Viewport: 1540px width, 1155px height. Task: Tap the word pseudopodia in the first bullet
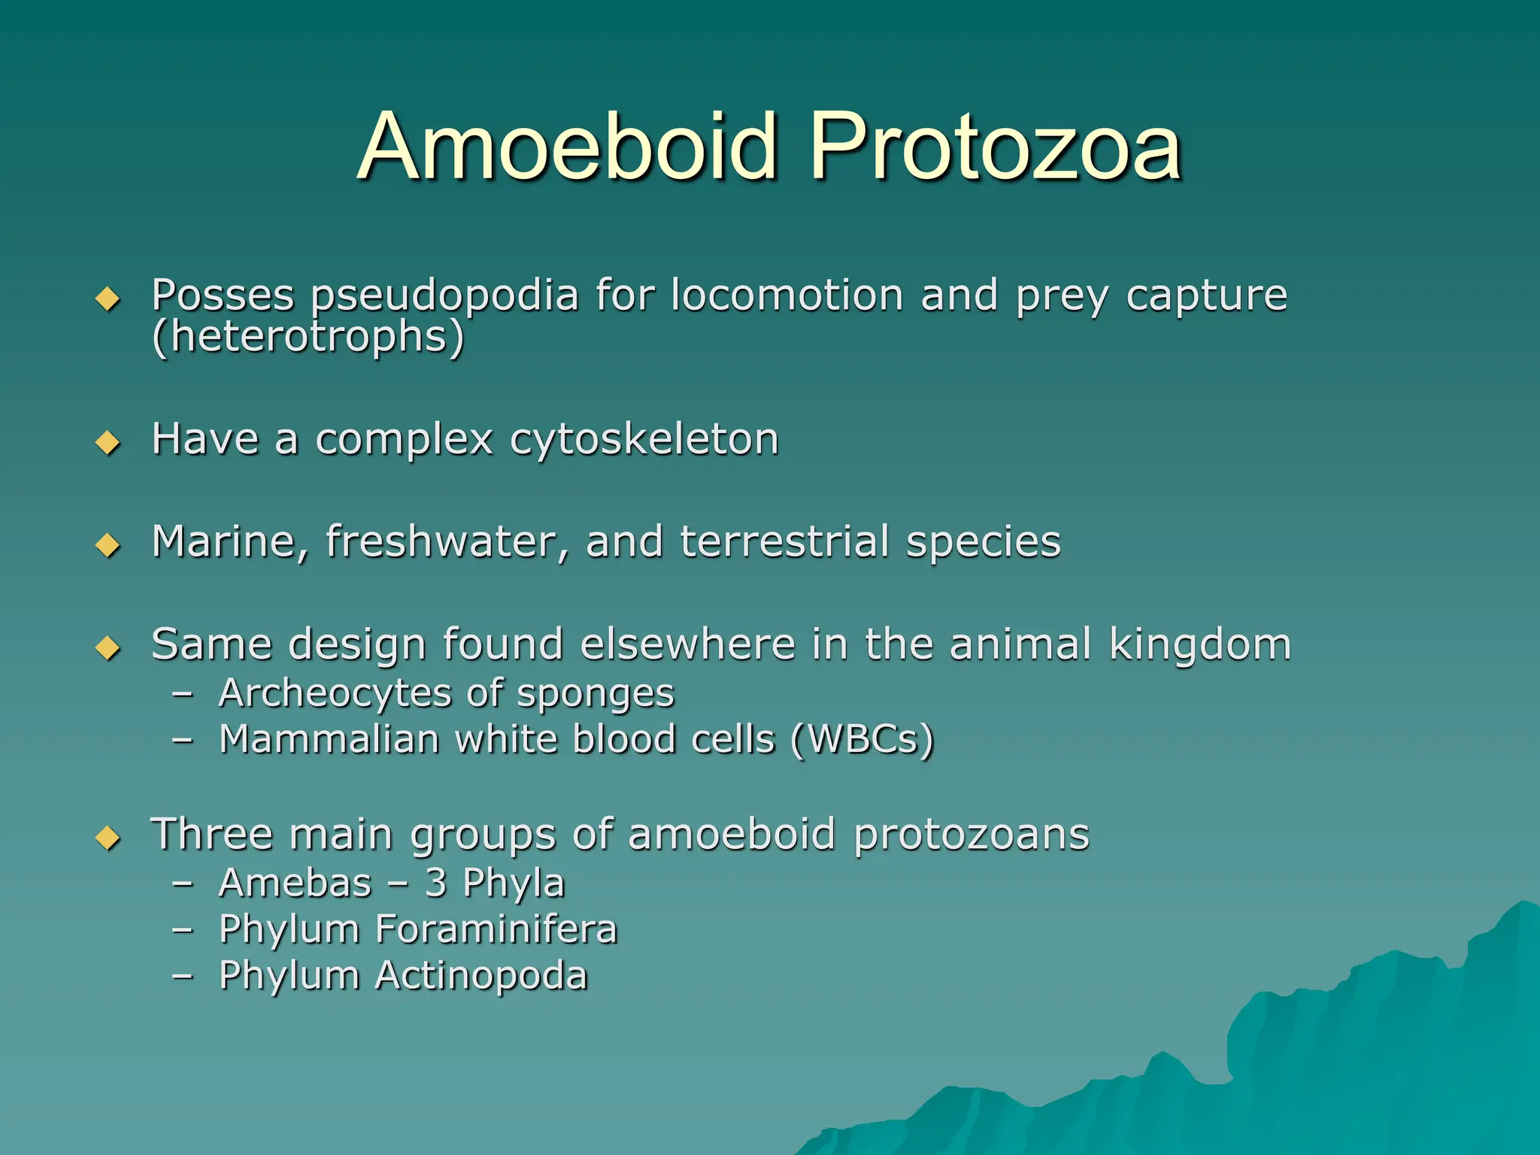(444, 296)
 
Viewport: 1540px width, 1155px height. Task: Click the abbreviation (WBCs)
(862, 739)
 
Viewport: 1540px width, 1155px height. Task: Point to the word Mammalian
(329, 739)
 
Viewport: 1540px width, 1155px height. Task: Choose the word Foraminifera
(496, 929)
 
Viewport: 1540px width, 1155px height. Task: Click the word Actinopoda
(480, 975)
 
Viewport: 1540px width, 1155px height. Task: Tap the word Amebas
(296, 883)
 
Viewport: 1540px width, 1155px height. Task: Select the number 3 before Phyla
(435, 883)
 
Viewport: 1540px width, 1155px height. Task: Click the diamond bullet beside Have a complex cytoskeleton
(108, 442)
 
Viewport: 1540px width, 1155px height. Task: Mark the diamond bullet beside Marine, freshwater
(108, 545)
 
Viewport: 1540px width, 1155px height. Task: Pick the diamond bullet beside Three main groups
(108, 837)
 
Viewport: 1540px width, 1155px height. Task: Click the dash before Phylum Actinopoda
(182, 976)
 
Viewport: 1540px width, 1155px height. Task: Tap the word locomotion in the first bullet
(787, 295)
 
